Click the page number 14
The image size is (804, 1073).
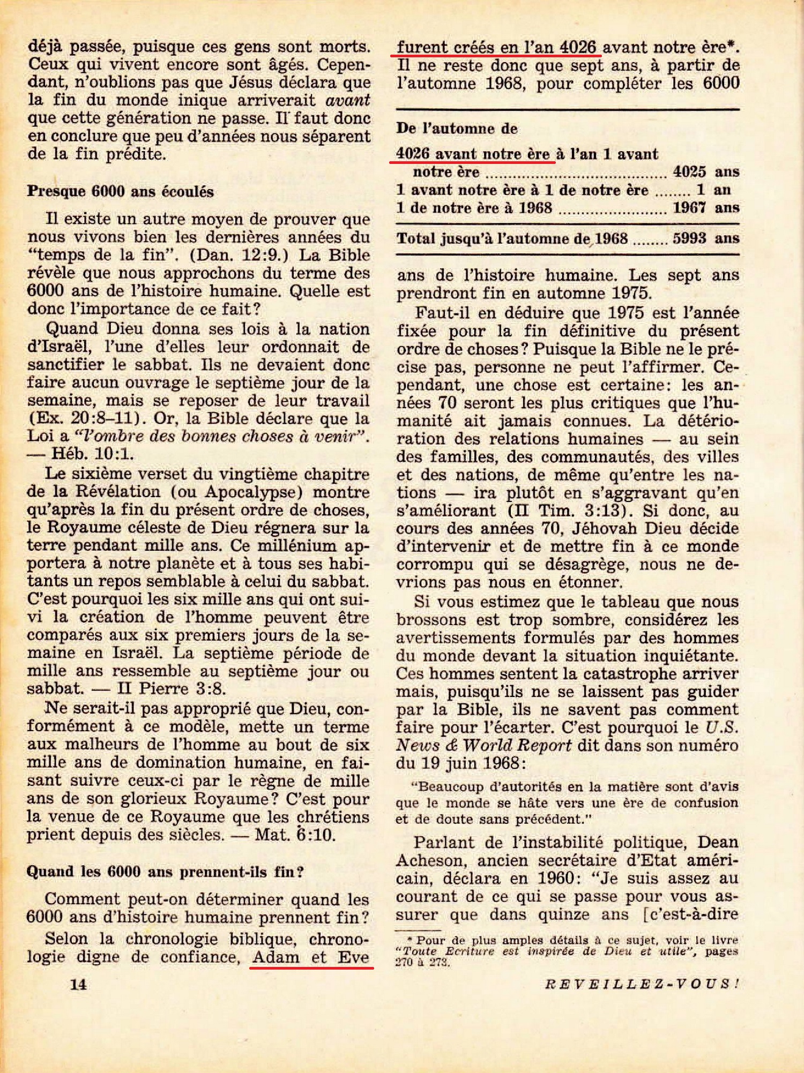click(x=78, y=984)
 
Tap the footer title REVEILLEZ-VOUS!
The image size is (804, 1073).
click(x=642, y=984)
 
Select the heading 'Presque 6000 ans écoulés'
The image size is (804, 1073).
click(x=121, y=192)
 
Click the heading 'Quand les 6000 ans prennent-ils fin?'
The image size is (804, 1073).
click(x=165, y=872)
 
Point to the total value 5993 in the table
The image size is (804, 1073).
click(x=689, y=238)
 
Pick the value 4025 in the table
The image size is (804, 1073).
click(x=689, y=172)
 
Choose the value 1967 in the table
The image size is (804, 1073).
click(x=689, y=208)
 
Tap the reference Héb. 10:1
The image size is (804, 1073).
click(x=92, y=454)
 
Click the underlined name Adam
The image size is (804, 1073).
click(x=276, y=957)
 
